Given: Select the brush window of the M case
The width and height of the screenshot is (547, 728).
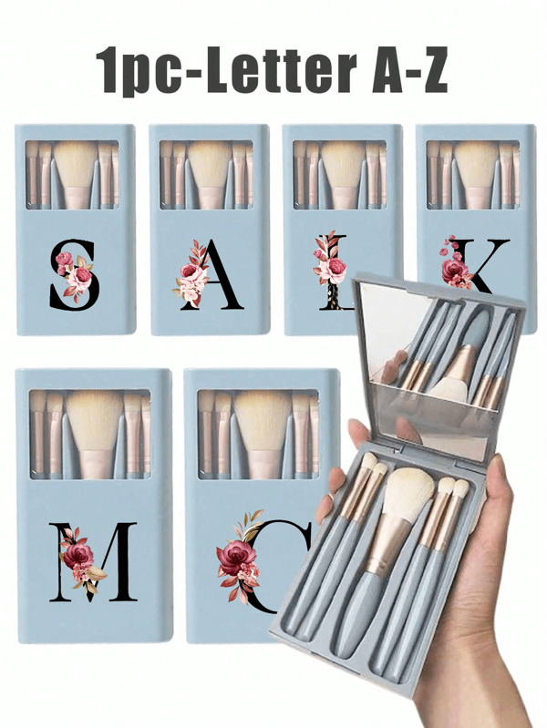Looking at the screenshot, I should point(91,432).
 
